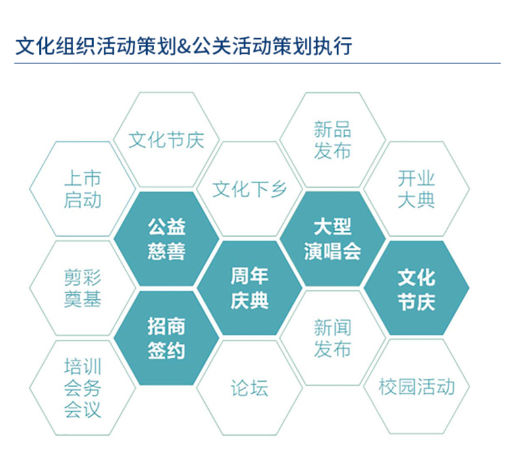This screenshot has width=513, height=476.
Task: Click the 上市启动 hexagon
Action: [82, 189]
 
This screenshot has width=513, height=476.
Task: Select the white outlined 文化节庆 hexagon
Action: [166, 140]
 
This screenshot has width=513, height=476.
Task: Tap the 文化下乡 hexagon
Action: [249, 189]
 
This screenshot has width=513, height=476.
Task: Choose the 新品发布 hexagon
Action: [332, 140]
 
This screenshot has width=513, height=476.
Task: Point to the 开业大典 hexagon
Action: [416, 189]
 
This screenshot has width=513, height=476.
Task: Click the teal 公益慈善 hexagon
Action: [166, 239]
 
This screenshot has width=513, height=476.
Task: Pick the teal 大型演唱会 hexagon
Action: [332, 239]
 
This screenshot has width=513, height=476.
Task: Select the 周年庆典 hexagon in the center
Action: [249, 288]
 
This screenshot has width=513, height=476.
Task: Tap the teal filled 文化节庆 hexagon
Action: [416, 288]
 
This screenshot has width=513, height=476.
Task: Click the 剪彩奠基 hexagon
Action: [82, 288]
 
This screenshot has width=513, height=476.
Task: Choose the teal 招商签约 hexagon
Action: [166, 337]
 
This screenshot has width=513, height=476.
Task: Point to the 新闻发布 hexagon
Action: [332, 337]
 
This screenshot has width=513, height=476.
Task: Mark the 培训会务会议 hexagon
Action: [82, 387]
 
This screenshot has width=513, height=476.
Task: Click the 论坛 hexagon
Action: [249, 387]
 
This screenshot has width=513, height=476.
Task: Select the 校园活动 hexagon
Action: [416, 386]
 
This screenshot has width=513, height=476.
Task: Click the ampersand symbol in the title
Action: [184, 46]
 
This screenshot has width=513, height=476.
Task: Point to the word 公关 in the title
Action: [211, 46]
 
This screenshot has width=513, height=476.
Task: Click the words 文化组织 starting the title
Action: [55, 46]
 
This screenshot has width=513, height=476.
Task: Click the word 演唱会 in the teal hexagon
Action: [332, 252]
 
